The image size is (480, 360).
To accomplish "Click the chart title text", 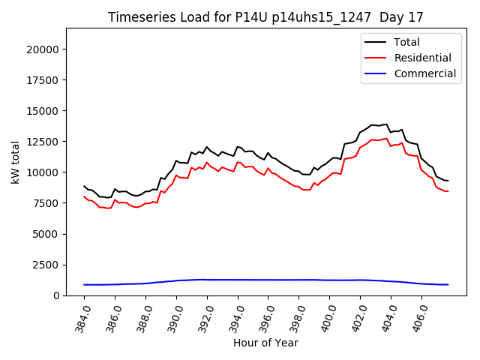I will coord(266,17).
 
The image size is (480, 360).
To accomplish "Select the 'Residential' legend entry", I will coord(422,58).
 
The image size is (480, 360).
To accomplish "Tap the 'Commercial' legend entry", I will coord(424,73).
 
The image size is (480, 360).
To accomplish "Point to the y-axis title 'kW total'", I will coord(15,162).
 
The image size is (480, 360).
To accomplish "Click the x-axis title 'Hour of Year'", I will coord(266,343).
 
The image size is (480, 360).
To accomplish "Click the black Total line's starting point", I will coord(84,186).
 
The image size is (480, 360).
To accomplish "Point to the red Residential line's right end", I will coord(448,191).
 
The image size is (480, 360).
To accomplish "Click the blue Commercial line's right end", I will coord(448,284).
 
